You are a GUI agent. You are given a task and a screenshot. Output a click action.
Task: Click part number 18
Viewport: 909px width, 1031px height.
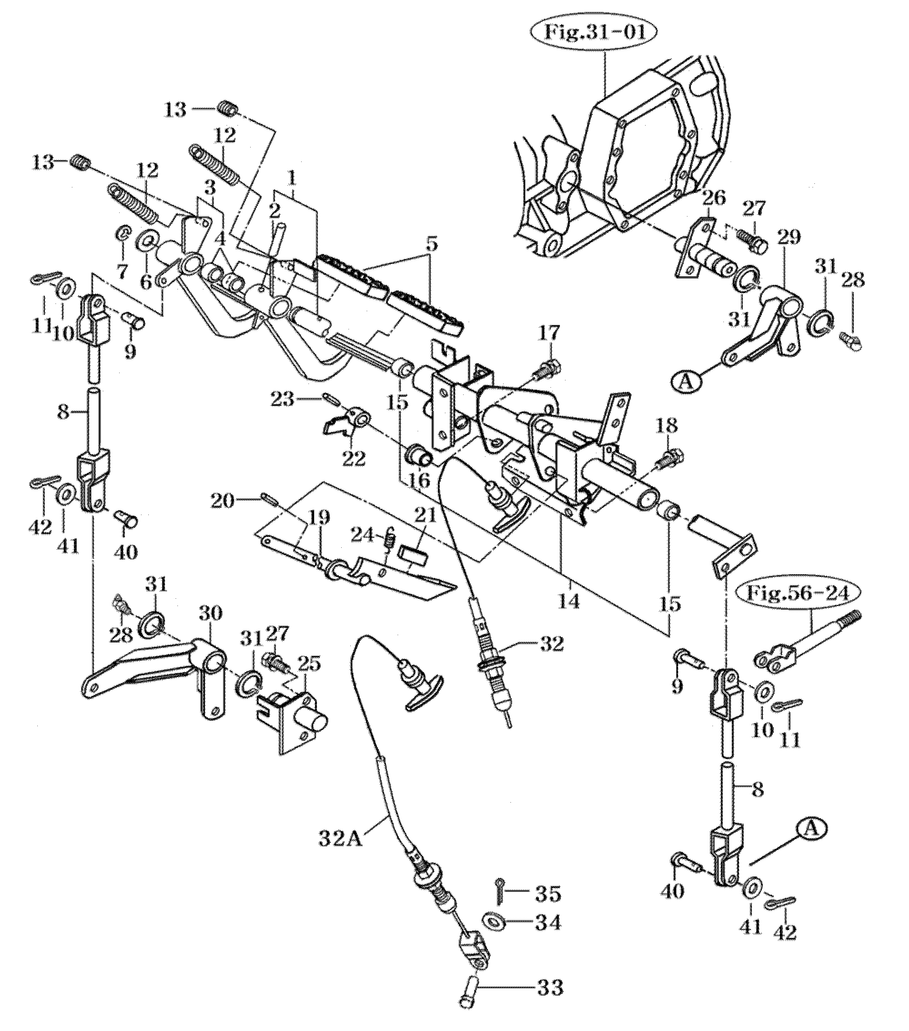coord(667,426)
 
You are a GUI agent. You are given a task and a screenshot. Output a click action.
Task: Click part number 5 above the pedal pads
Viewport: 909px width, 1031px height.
coord(430,246)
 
